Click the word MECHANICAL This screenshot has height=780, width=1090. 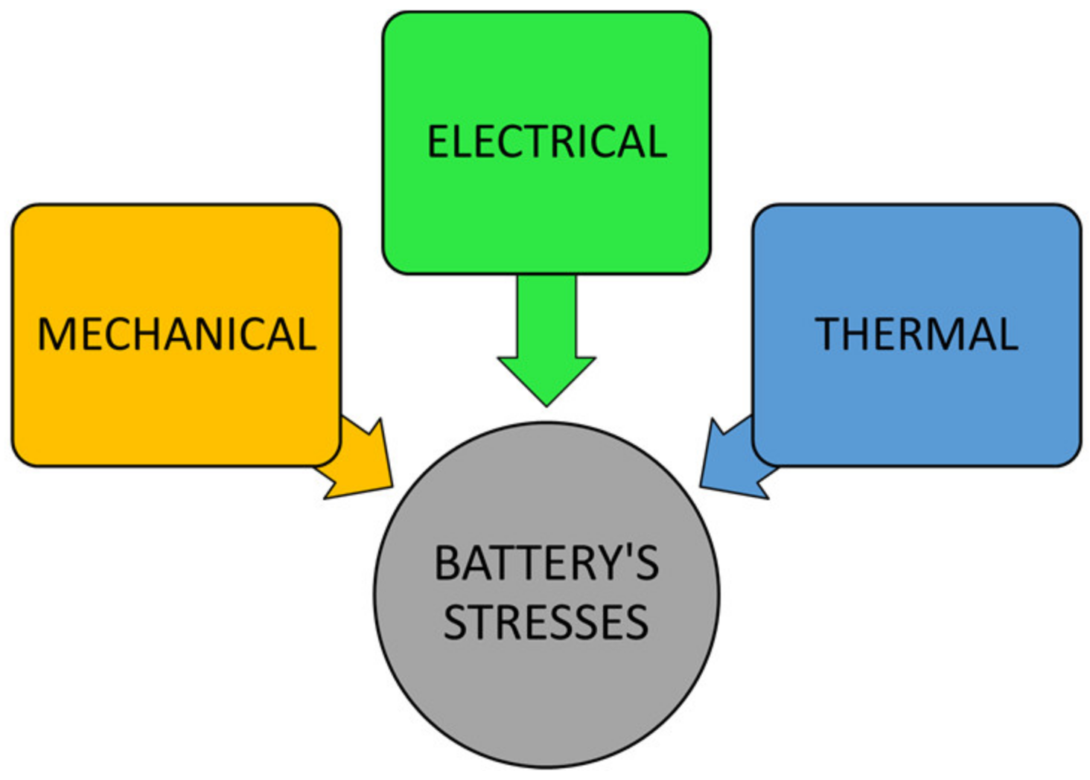tap(176, 334)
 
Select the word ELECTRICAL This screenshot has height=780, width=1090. tap(546, 142)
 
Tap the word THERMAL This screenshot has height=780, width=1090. tap(916, 334)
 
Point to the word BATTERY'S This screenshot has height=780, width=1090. tap(546, 563)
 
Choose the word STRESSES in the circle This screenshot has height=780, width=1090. tap(546, 622)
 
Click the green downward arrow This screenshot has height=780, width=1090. tap(546, 335)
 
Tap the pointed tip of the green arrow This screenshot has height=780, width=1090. tap(546, 404)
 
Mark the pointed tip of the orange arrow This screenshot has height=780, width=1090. tap(391, 487)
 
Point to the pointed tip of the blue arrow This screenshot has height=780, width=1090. tap(701, 487)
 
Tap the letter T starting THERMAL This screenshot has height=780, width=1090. tap(829, 334)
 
